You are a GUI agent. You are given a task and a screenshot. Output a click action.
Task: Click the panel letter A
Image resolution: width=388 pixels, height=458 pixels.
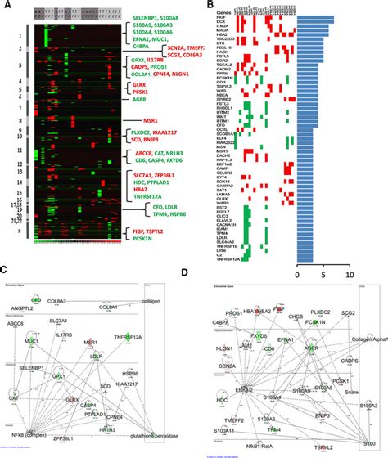click(7, 7)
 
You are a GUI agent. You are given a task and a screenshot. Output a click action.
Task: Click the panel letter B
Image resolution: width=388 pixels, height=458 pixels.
click(202, 7)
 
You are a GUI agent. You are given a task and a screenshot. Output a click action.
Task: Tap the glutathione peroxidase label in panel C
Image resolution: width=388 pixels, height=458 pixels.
click(163, 420)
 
